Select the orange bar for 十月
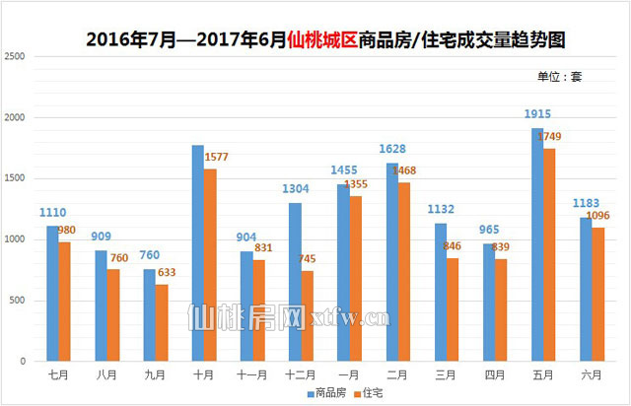click(210, 265)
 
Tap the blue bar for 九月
click(149, 315)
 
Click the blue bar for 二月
click(391, 262)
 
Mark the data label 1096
click(598, 216)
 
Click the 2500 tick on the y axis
click(15, 57)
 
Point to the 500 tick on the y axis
click(18, 301)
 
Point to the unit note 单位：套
click(559, 76)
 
